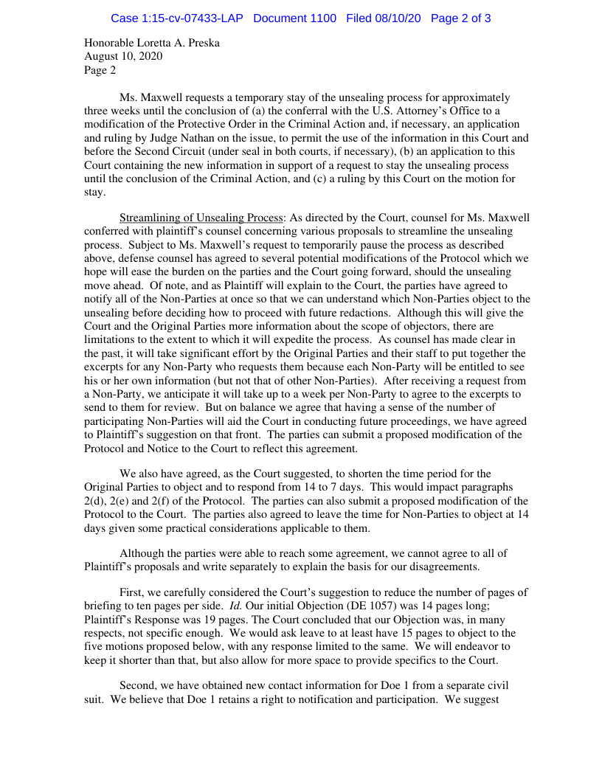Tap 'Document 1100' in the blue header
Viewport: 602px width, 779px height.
point(294,18)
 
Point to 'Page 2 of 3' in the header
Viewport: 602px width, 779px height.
point(461,18)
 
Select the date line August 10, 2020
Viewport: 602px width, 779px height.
point(123,56)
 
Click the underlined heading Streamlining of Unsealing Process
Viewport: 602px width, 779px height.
point(201,218)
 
